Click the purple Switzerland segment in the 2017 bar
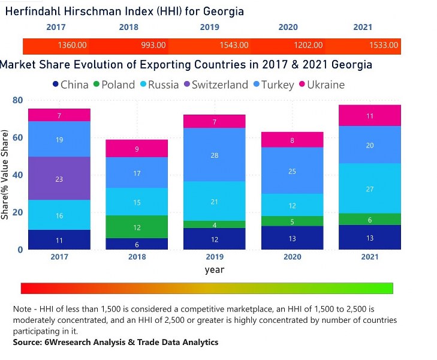[x=59, y=178]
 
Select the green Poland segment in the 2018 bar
[x=137, y=227]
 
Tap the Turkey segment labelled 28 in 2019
[x=215, y=155]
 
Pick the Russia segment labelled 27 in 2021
[x=370, y=188]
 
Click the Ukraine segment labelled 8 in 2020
[x=292, y=140]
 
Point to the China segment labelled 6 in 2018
[x=137, y=244]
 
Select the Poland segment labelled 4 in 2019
[x=215, y=224]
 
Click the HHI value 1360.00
[x=73, y=46]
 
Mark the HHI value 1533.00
[x=383, y=46]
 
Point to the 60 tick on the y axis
[x=18, y=137]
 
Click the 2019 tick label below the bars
[x=215, y=257]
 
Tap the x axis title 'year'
[x=215, y=269]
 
